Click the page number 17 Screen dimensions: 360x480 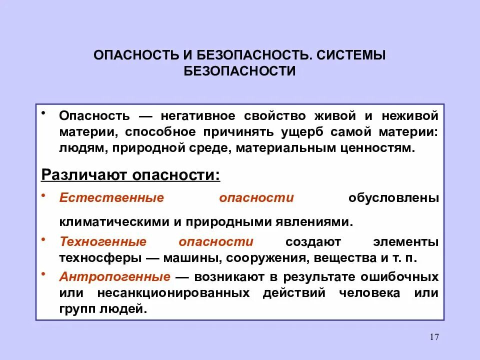(x=433, y=337)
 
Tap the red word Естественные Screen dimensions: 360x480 (x=111, y=197)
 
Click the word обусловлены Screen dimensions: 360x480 (x=393, y=197)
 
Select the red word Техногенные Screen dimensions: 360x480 (x=103, y=242)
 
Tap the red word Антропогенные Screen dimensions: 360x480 (x=115, y=276)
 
